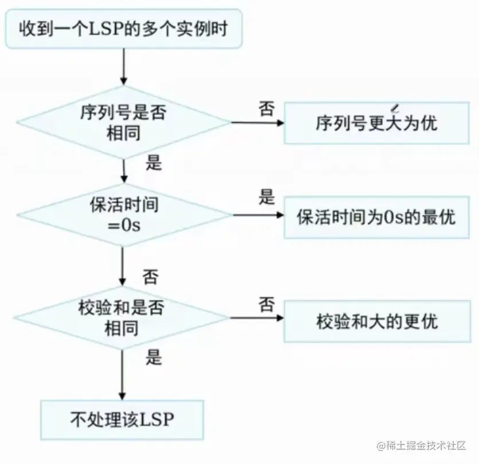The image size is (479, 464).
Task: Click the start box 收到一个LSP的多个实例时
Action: pos(124,28)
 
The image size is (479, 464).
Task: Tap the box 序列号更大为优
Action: pos(376,123)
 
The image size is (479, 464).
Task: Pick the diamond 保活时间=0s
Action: pos(123,215)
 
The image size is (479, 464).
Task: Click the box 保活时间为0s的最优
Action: pos(376,217)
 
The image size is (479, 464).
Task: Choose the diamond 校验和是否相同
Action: pos(123,317)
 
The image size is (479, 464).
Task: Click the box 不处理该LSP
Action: pos(122,420)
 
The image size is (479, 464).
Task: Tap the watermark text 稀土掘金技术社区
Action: pos(426,445)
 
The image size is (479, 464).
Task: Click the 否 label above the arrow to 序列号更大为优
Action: pos(266,109)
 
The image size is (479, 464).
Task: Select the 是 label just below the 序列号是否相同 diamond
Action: pos(154,163)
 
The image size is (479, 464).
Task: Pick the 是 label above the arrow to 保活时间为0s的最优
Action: pos(266,198)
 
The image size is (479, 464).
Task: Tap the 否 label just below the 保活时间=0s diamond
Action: pos(151,277)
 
